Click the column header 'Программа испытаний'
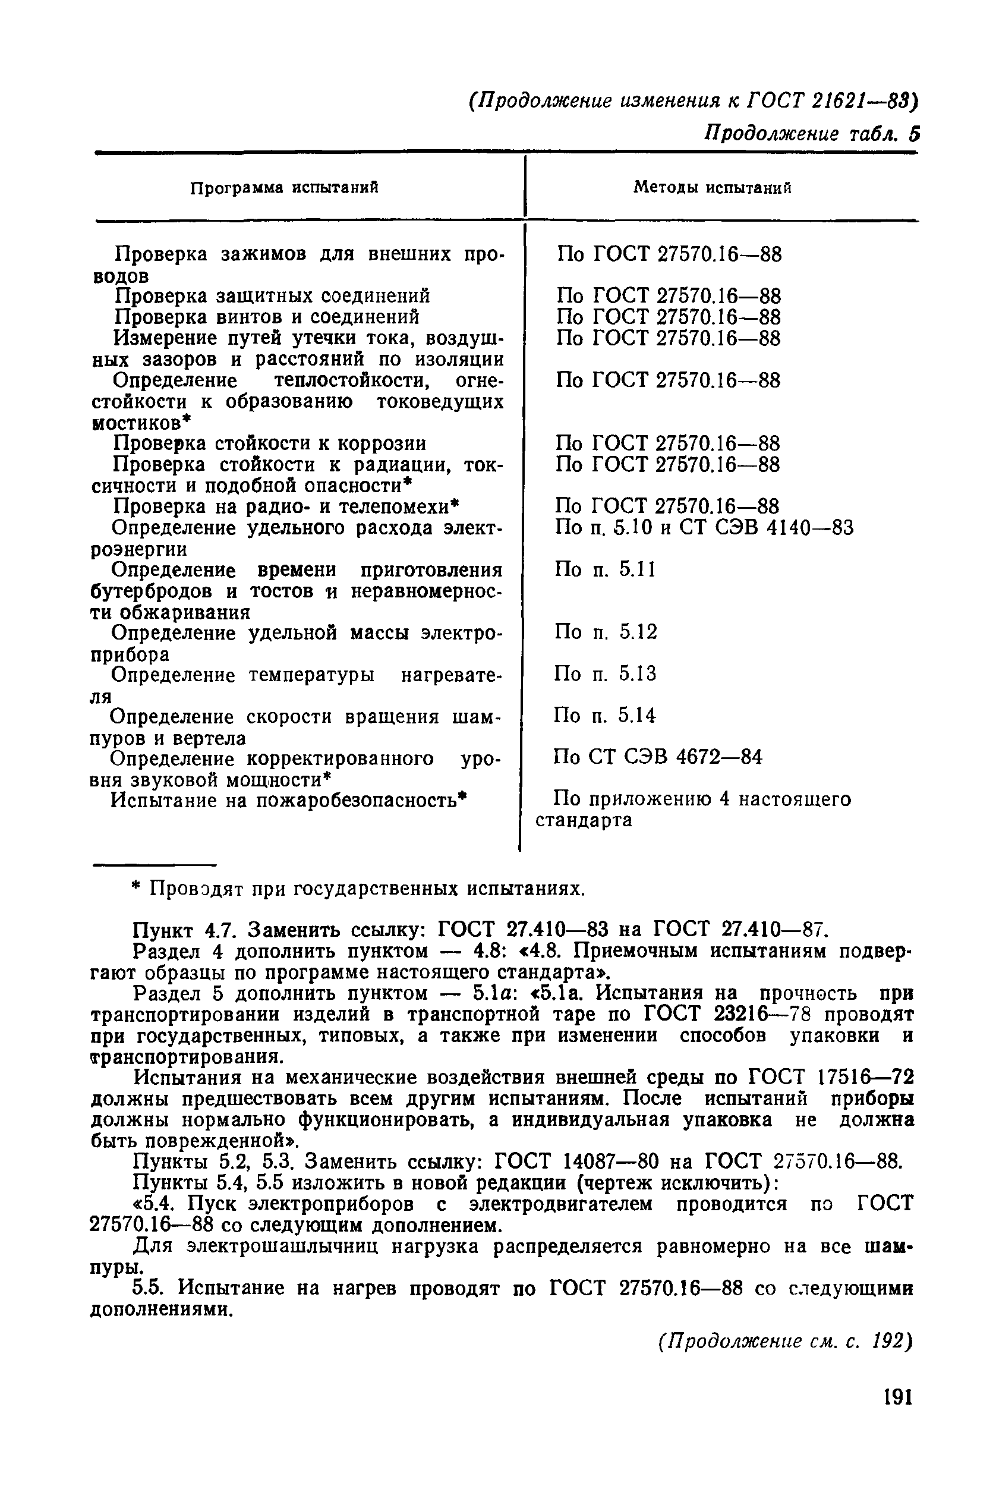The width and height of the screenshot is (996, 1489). click(x=285, y=187)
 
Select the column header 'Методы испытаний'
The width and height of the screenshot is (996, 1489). click(x=712, y=187)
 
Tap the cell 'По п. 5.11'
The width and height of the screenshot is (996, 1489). click(x=605, y=569)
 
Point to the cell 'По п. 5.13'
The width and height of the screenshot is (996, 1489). click(x=605, y=673)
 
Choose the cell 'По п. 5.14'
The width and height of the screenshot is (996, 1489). click(x=605, y=716)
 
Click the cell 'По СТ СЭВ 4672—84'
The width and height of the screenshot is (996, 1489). click(x=657, y=757)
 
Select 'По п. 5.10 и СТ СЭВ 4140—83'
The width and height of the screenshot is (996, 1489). click(x=704, y=527)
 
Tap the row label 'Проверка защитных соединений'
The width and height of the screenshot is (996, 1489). click(x=272, y=296)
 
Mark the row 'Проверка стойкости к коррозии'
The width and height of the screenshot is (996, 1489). click(x=269, y=443)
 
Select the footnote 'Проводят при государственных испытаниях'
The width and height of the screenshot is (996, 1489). click(x=358, y=889)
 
